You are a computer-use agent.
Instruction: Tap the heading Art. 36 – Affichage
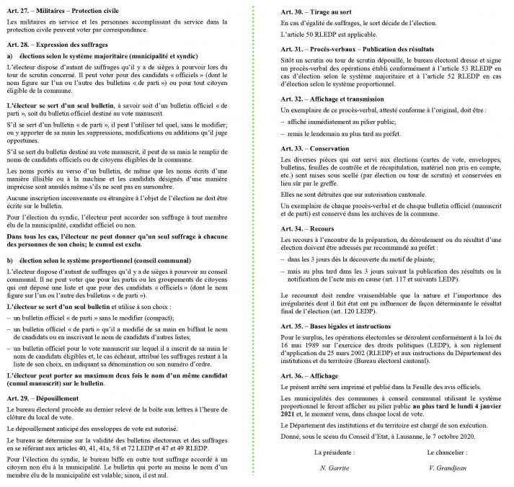click(310, 377)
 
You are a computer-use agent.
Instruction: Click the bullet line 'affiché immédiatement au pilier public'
click(339, 122)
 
